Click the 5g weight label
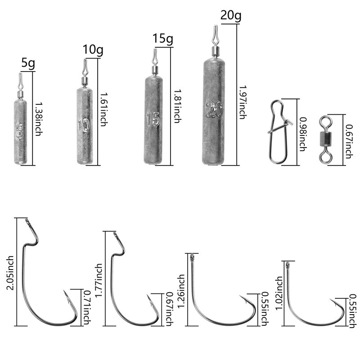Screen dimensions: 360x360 coord(28,63)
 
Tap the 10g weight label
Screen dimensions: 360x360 coord(93,50)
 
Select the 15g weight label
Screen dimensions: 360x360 coord(163,38)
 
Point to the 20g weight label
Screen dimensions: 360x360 coord(231,15)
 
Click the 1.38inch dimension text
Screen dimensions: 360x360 coord(39,119)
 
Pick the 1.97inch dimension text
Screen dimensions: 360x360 coord(242,103)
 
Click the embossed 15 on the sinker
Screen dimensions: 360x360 coord(153,118)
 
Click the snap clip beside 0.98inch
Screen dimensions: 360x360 coord(279,132)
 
